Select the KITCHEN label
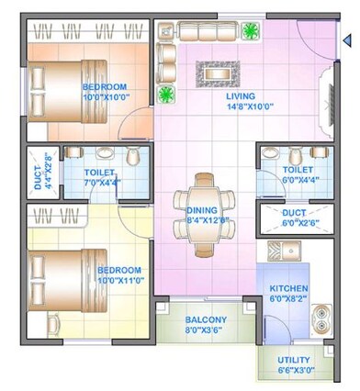click(288, 287)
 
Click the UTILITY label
click(293, 360)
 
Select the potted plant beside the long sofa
click(249, 30)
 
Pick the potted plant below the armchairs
click(166, 94)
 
